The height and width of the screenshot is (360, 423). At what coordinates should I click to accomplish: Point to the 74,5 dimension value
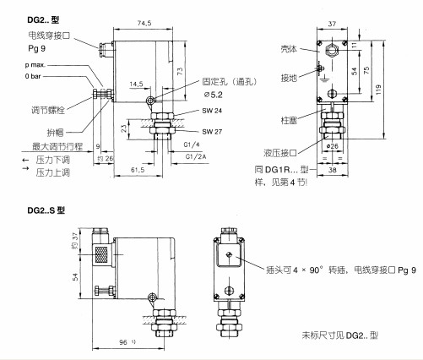[147, 25]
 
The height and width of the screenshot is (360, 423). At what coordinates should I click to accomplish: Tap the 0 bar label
[33, 76]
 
